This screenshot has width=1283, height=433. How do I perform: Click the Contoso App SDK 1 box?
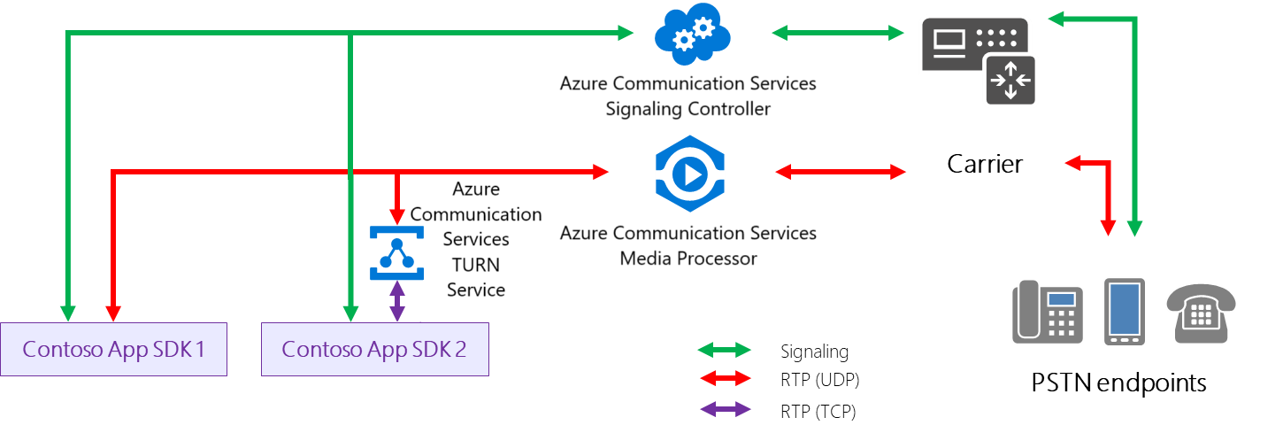(114, 349)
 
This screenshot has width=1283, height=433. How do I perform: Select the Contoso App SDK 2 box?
(374, 349)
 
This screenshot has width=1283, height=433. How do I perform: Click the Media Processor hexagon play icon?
(689, 174)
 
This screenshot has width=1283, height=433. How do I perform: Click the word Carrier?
(985, 164)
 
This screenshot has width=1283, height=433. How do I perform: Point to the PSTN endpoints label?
(1118, 383)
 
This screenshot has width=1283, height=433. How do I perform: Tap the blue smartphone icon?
(1125, 311)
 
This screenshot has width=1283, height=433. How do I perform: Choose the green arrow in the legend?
(724, 352)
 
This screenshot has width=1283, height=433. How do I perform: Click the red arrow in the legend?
(724, 381)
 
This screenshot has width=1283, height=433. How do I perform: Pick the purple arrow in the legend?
(724, 410)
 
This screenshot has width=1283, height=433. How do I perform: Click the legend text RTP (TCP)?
(818, 411)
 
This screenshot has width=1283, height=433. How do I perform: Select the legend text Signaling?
(814, 352)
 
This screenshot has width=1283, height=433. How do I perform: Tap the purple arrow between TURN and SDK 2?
(397, 301)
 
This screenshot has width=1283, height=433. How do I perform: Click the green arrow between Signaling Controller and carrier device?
(837, 34)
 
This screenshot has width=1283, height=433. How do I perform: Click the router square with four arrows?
(1011, 80)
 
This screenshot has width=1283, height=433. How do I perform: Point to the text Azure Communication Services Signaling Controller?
(688, 96)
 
